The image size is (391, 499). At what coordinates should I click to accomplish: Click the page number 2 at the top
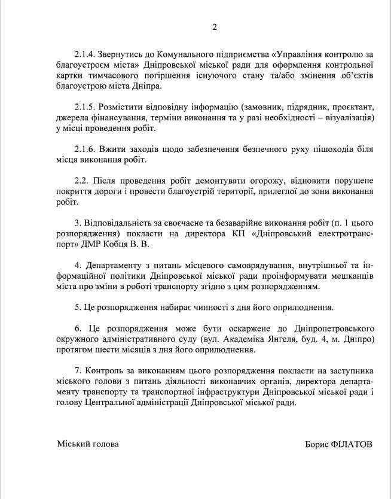coord(215,26)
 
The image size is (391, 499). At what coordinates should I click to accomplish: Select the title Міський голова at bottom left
coord(88,444)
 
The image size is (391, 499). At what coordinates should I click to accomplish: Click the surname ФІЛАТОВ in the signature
coord(350,445)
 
